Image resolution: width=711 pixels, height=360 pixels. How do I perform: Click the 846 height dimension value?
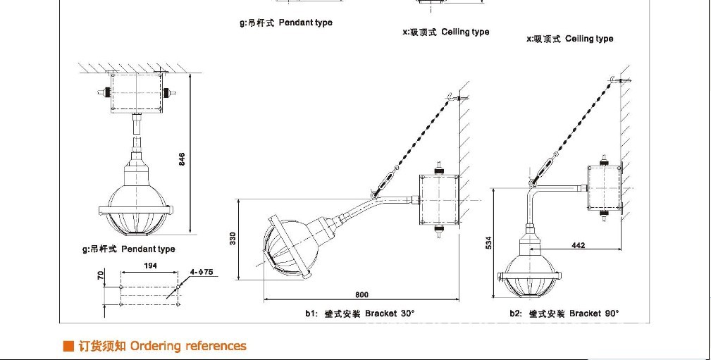pyautogui.click(x=182, y=160)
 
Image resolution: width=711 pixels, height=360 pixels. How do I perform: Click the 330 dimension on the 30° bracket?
pyautogui.click(x=233, y=239)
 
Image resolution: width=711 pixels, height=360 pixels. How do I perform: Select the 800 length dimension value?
pyautogui.click(x=361, y=294)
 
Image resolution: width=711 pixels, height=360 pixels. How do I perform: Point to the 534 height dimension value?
pyautogui.click(x=488, y=243)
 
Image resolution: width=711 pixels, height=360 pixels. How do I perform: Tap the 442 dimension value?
pyautogui.click(x=578, y=245)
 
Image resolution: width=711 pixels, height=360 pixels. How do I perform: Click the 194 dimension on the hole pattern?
pyautogui.click(x=150, y=266)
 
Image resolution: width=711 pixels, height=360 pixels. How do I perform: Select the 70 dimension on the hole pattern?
pyautogui.click(x=101, y=275)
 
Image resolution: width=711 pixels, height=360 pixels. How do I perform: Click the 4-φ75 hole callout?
pyautogui.click(x=203, y=271)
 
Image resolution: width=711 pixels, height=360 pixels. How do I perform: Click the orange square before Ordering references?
pyautogui.click(x=68, y=346)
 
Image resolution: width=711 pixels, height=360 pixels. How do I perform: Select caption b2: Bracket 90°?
pyautogui.click(x=564, y=313)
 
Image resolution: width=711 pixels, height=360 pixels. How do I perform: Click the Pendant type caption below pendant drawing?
pyautogui.click(x=129, y=249)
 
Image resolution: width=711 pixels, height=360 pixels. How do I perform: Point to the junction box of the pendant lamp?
pyautogui.click(x=137, y=92)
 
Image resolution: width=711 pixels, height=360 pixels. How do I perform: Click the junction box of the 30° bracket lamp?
pyautogui.click(x=439, y=198)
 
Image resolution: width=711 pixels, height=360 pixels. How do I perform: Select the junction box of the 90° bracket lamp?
pyautogui.click(x=604, y=187)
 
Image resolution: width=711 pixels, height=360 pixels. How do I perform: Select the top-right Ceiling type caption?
pyautogui.click(x=570, y=39)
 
